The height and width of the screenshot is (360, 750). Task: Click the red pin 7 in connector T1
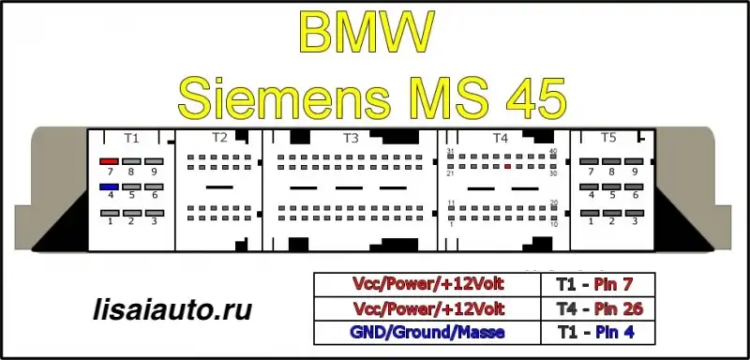109,161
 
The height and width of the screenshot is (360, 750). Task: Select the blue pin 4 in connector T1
109,187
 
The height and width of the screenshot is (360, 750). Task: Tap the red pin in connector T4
508,166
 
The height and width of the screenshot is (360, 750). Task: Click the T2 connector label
219,138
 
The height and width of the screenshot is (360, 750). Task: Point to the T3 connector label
351,138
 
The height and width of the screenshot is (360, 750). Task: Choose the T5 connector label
607,138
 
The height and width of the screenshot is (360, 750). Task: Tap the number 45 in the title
536,99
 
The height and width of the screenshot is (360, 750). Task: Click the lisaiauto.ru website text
172,310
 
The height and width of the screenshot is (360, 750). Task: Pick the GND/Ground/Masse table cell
427,333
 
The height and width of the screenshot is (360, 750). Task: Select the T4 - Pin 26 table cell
598,309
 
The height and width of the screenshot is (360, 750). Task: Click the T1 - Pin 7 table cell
598,285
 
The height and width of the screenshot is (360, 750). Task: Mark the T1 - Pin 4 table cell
598,333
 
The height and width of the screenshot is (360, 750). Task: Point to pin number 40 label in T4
553,152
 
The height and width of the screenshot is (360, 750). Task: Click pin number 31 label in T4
450,152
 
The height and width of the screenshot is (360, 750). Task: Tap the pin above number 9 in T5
634,161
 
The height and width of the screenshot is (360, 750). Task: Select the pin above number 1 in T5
590,213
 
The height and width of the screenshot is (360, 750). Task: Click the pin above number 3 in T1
155,213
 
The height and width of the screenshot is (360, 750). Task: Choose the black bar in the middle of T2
219,187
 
